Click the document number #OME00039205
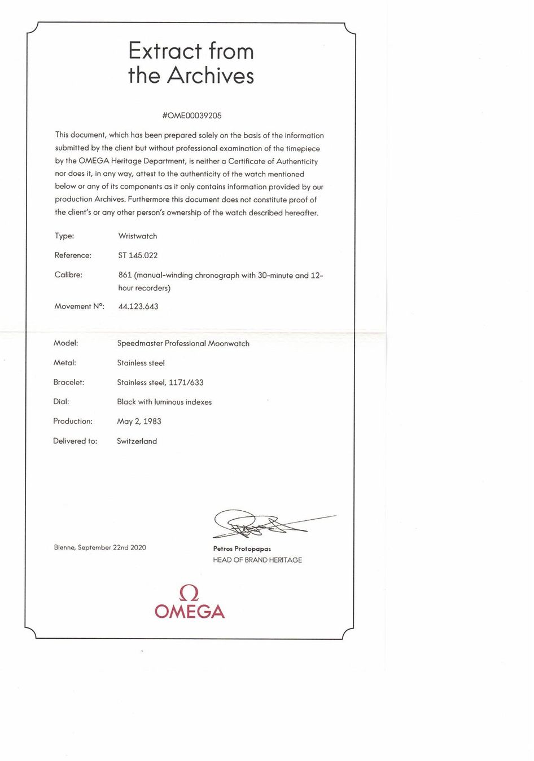[191, 116]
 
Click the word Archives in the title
[211, 76]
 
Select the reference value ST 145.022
[138, 255]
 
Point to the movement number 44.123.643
[138, 307]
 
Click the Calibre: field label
[68, 275]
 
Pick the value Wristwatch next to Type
[138, 236]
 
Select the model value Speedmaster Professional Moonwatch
[183, 343]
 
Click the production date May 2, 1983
[139, 421]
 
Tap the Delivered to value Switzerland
[137, 441]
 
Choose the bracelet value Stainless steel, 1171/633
[160, 382]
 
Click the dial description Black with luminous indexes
[164, 402]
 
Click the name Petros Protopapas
[242, 548]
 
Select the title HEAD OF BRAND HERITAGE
[257, 560]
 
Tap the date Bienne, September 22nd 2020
[100, 547]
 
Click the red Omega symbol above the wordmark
[189, 593]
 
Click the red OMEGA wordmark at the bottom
[189, 612]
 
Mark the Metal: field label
[64, 363]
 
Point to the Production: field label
[73, 421]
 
